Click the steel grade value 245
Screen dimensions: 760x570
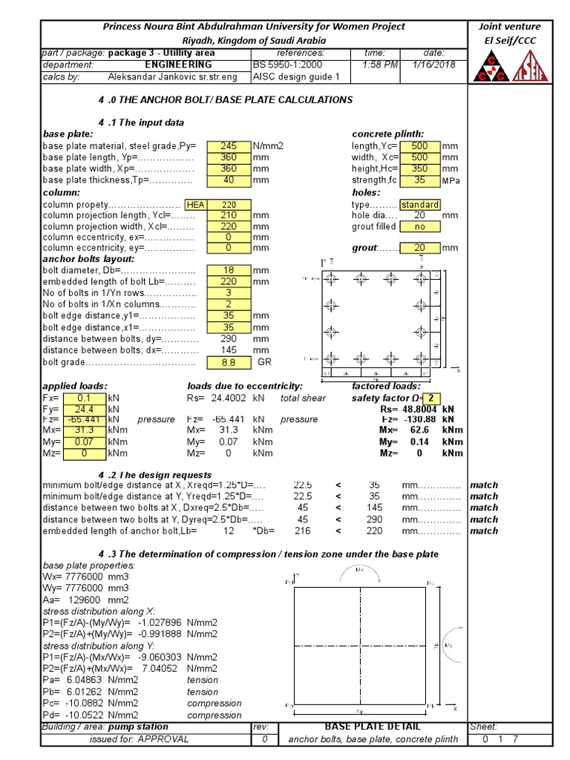229,146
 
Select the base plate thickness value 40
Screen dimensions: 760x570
229,180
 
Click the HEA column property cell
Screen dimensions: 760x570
196,205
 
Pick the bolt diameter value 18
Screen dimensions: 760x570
229,271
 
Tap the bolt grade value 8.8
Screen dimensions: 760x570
229,362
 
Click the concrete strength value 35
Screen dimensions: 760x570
419,180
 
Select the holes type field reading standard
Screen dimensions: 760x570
419,205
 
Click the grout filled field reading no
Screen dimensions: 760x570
419,227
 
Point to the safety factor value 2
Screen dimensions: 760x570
432,398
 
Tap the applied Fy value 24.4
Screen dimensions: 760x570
84,409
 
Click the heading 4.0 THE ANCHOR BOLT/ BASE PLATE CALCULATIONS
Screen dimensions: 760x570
226,99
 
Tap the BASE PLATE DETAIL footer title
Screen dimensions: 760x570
373,727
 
